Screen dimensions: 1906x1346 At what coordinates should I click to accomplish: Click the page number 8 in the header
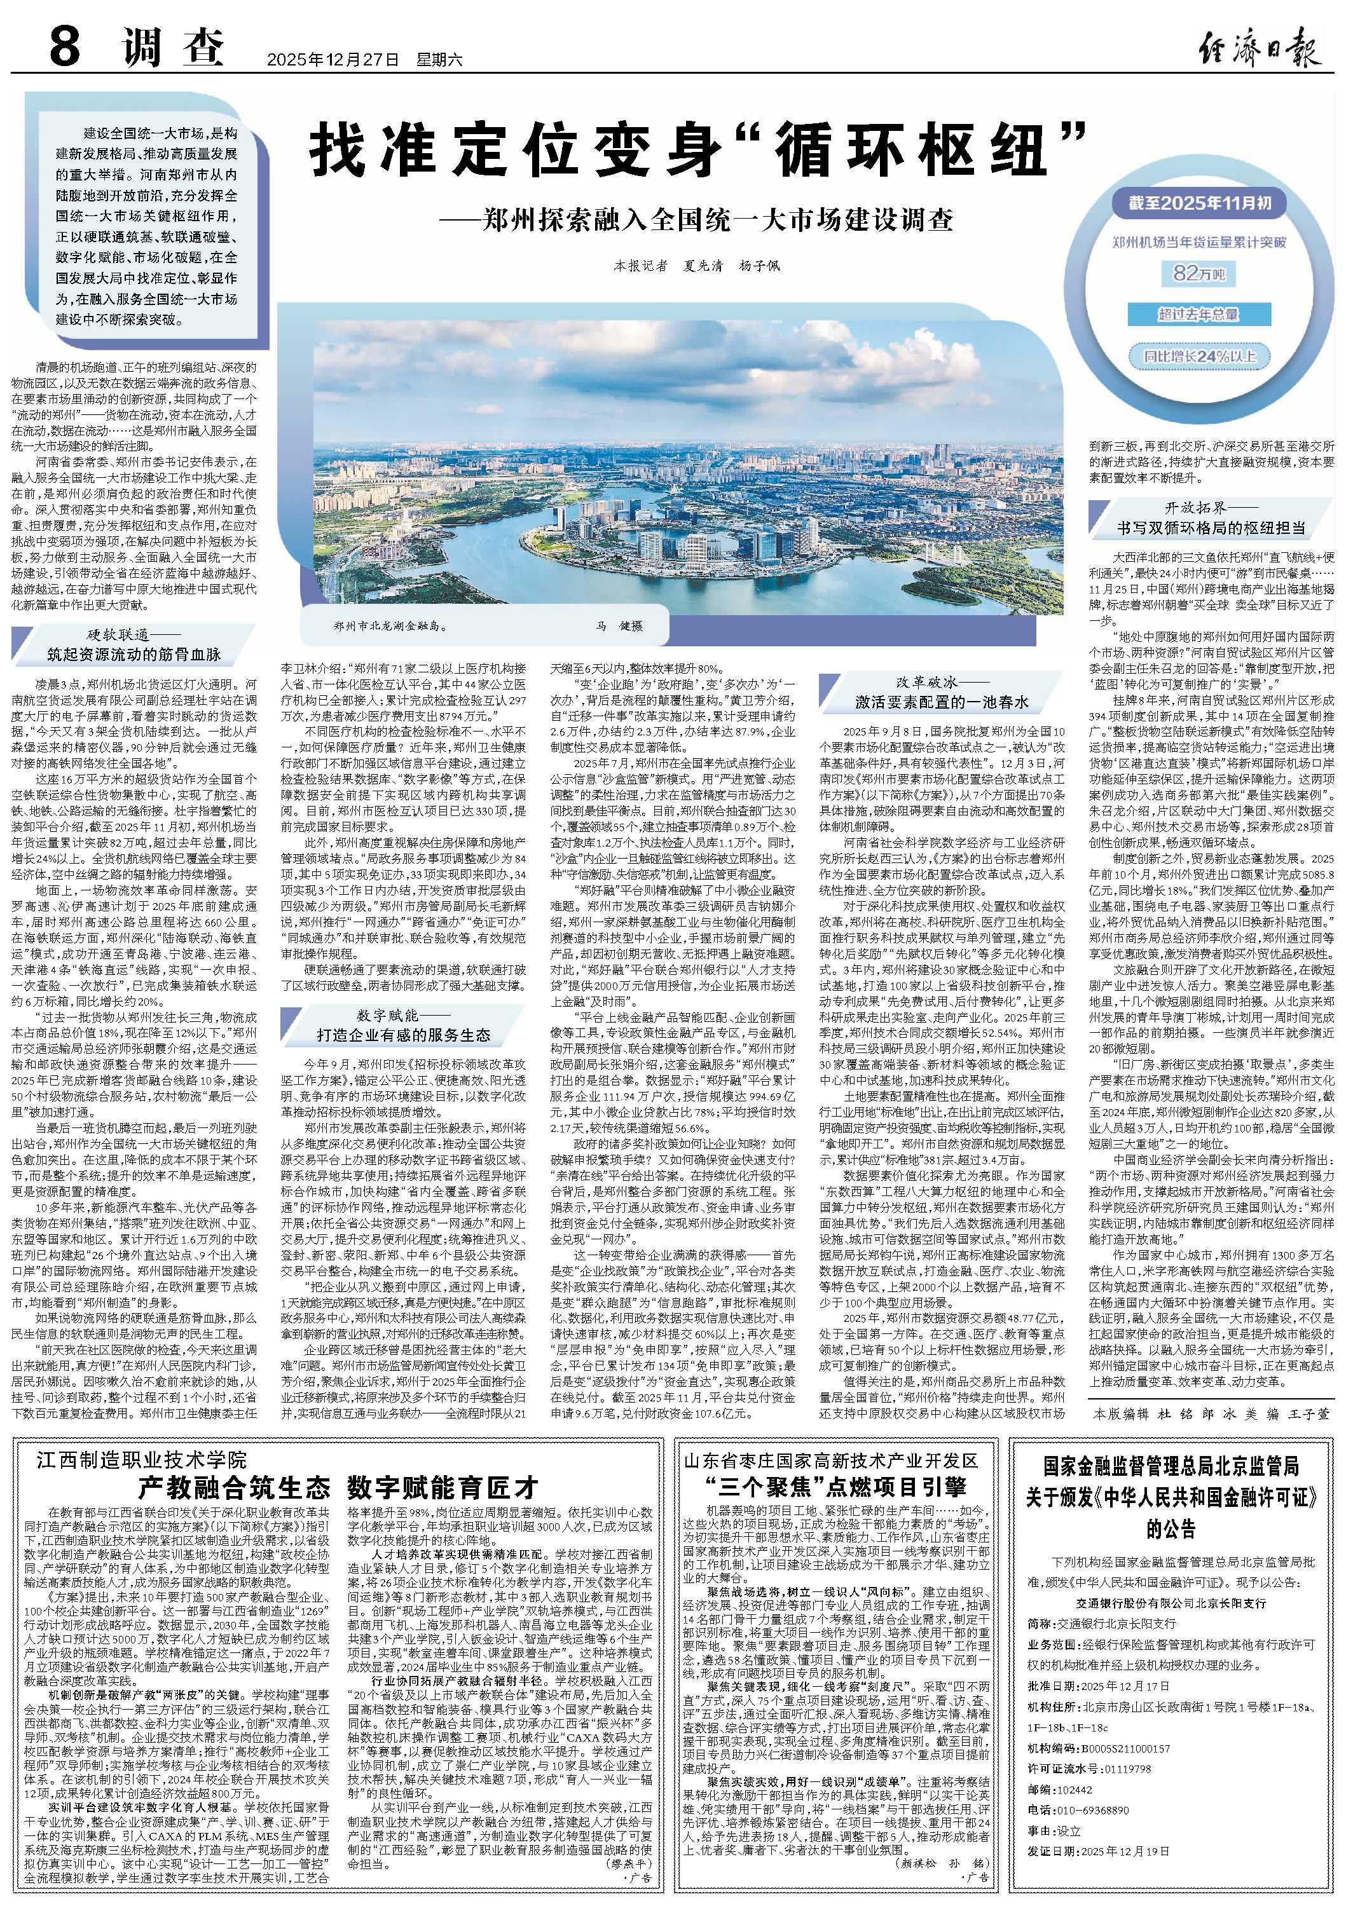pos(64,46)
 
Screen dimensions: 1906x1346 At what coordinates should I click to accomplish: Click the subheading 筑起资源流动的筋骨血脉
pos(135,655)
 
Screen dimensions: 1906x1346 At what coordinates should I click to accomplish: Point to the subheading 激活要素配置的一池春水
pos(942,702)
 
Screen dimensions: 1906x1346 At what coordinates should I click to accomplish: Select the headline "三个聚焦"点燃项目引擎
pos(835,1485)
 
